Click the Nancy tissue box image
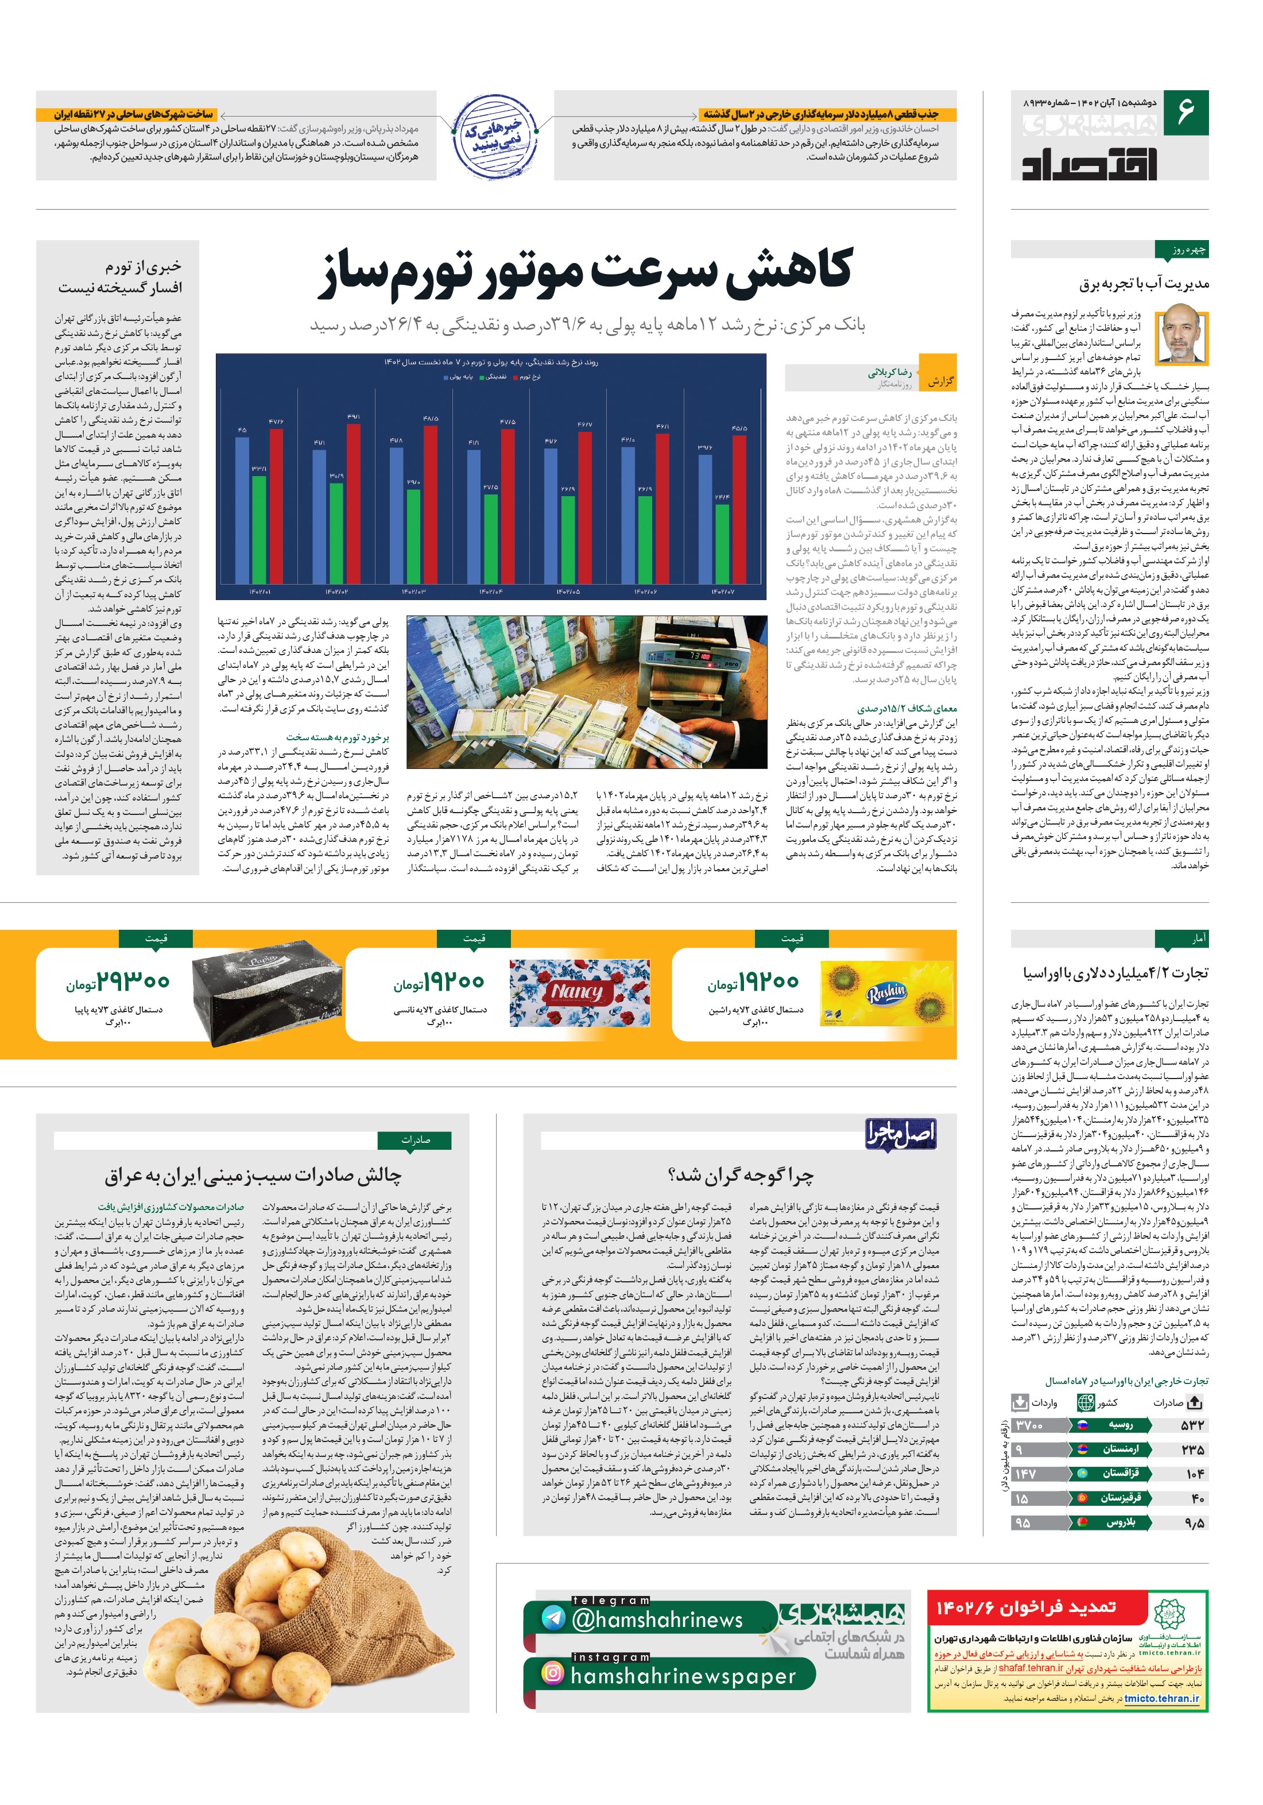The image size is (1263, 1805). (x=575, y=993)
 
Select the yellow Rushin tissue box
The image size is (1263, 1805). (x=886, y=994)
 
